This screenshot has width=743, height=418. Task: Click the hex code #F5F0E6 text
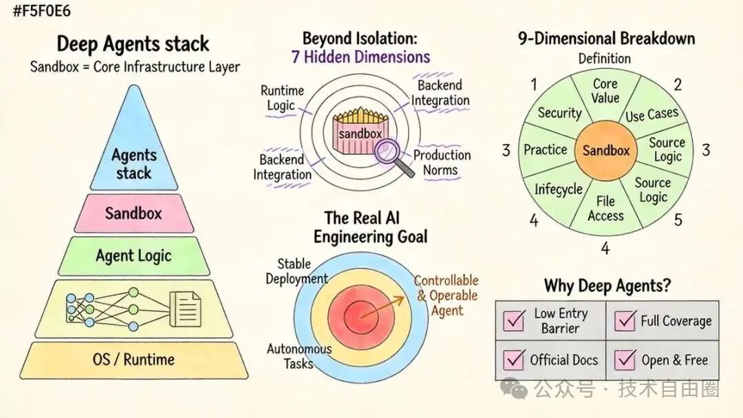[42, 11]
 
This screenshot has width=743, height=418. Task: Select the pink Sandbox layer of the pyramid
[133, 213]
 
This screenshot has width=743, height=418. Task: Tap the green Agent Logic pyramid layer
[133, 256]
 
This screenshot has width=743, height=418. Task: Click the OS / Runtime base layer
[133, 359]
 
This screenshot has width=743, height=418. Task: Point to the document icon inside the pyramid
[185, 309]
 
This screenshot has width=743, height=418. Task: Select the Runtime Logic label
[283, 98]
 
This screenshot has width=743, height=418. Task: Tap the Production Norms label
[442, 163]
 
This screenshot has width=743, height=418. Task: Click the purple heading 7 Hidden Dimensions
[360, 57]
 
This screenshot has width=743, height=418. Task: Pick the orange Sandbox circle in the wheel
[605, 150]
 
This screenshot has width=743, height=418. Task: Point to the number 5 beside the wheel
[678, 220]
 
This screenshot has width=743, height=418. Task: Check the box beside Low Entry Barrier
[514, 320]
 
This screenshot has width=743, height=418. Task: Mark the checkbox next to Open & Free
[625, 359]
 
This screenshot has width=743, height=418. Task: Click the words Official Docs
[564, 361]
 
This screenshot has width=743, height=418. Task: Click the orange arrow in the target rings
[383, 307]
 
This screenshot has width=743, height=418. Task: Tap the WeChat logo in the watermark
[514, 388]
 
